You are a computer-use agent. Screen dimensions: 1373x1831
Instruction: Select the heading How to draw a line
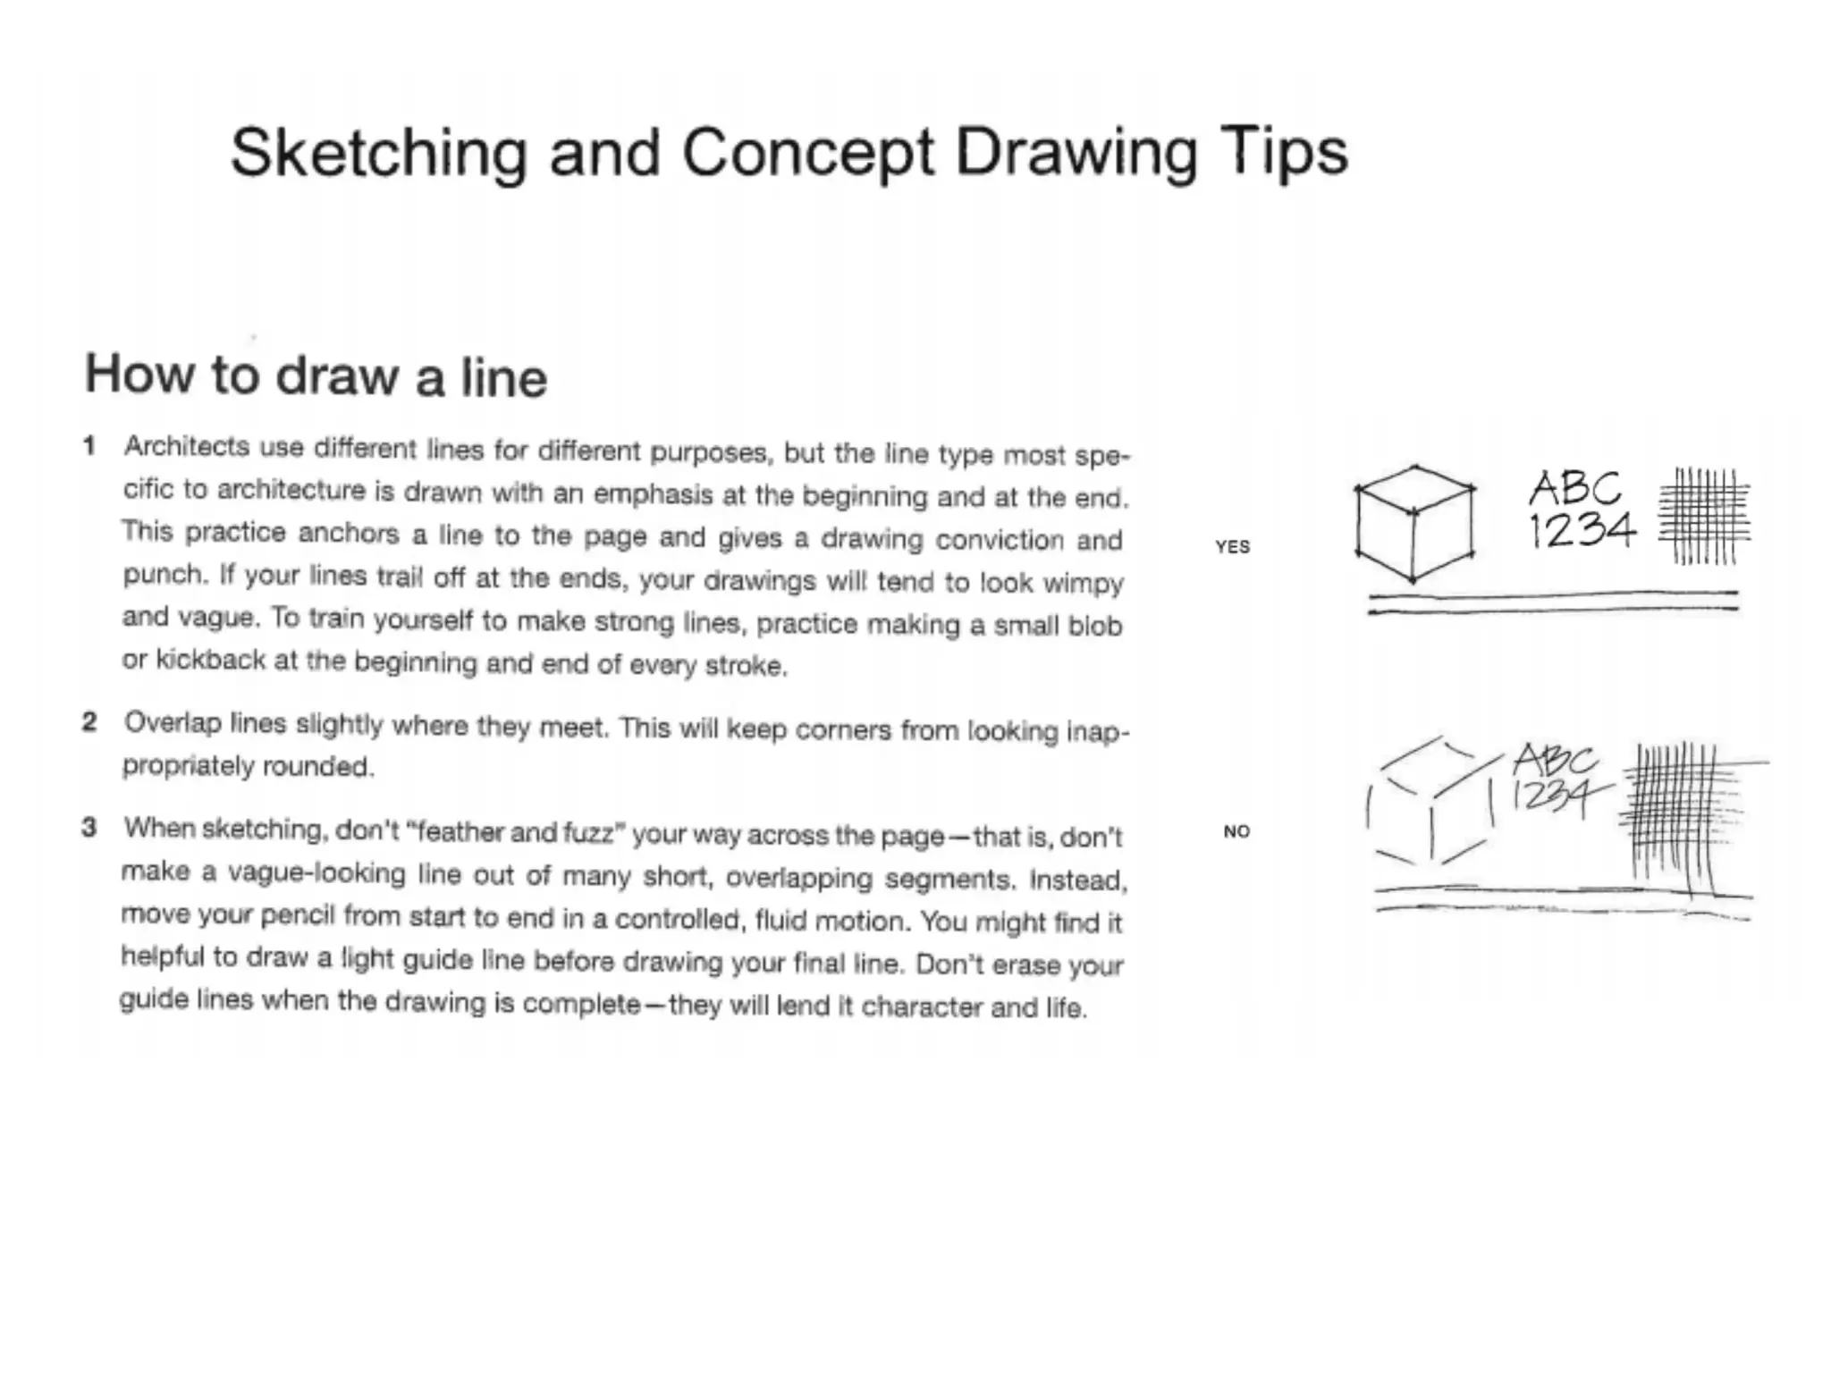click(x=316, y=376)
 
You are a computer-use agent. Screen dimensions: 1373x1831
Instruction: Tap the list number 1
click(x=89, y=445)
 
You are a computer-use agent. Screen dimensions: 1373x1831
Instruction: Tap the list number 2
click(x=89, y=721)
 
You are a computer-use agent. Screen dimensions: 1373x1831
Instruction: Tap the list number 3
click(x=89, y=827)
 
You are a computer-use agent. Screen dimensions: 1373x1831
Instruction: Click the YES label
click(x=1232, y=546)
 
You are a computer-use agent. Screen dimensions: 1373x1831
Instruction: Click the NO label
click(x=1236, y=831)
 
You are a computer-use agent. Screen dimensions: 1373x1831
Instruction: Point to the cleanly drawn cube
click(x=1414, y=524)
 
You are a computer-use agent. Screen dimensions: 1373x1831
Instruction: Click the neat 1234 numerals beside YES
click(x=1581, y=530)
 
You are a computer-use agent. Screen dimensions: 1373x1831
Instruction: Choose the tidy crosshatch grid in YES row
click(x=1704, y=516)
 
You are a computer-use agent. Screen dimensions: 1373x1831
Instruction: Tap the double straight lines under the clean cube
click(x=1553, y=602)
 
